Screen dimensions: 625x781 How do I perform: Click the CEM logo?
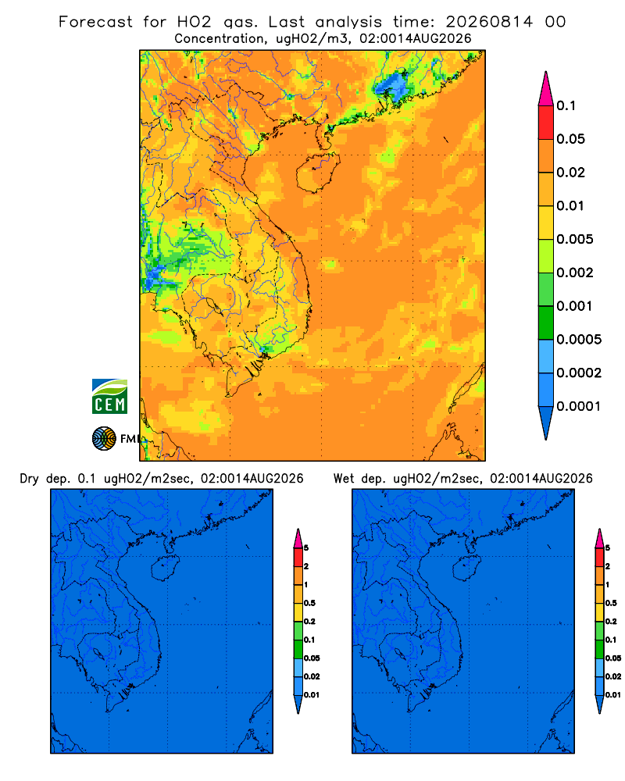pyautogui.click(x=109, y=396)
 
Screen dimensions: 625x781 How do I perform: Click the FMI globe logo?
pyautogui.click(x=104, y=438)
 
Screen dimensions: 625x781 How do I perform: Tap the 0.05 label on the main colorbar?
pyautogui.click(x=570, y=139)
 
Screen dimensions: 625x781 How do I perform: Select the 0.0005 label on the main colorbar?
pyautogui.click(x=579, y=340)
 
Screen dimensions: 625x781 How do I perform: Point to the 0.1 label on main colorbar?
pyautogui.click(x=566, y=105)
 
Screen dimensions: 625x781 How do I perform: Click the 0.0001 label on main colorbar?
pyautogui.click(x=579, y=406)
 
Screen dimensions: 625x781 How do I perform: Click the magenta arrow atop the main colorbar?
pyautogui.click(x=546, y=88)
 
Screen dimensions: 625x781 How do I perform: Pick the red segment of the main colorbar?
pyautogui.click(x=546, y=122)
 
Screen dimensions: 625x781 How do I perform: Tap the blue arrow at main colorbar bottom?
pyautogui.click(x=546, y=423)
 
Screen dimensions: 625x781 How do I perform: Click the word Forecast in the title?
pyautogui.click(x=95, y=22)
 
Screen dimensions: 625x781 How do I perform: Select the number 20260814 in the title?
pyautogui.click(x=489, y=22)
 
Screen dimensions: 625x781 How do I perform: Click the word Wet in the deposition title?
pyautogui.click(x=344, y=479)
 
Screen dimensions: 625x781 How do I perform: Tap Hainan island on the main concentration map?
pyautogui.click(x=317, y=173)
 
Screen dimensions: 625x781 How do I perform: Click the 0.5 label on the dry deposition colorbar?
pyautogui.click(x=309, y=603)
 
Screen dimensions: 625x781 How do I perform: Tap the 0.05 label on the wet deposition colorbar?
pyautogui.click(x=613, y=658)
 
